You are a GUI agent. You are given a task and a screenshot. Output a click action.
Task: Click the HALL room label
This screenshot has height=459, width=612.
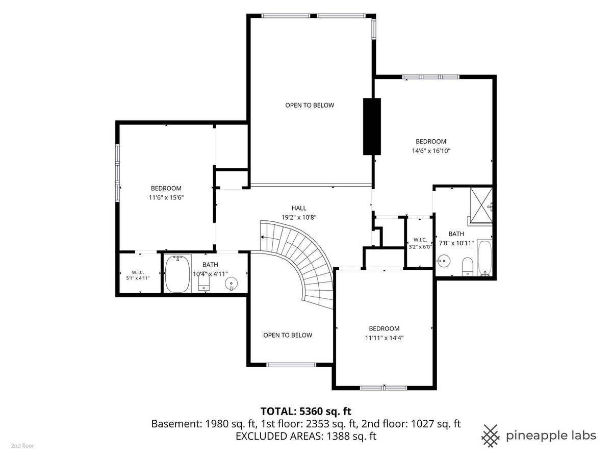pos(299,208)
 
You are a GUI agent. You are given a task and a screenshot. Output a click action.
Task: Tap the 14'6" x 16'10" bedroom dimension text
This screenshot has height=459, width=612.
pos(431,151)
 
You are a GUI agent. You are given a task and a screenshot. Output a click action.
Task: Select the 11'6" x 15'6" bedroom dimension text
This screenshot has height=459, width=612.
pos(166,197)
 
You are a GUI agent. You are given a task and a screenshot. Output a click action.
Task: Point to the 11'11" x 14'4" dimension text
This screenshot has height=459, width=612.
pos(384,338)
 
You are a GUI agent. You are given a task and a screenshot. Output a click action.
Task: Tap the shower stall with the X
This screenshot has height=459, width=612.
pos(481,206)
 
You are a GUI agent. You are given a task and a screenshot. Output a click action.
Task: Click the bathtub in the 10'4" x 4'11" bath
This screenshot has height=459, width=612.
pos(177,273)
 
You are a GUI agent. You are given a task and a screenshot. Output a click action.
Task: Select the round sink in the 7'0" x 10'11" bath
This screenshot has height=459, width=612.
pos(443,261)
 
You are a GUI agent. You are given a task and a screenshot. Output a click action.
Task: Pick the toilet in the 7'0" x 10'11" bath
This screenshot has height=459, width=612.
pos(468,266)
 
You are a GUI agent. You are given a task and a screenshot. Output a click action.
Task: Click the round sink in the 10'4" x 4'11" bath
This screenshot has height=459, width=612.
pos(232,284)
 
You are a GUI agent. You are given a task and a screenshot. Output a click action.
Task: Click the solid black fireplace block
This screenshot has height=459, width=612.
pos(372,126)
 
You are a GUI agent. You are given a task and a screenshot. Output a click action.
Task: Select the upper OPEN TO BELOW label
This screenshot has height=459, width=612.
pos(310,106)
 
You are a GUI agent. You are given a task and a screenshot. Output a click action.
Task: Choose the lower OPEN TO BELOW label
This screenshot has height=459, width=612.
pos(288,335)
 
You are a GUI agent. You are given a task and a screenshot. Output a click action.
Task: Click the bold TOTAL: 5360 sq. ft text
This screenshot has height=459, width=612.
pos(306,411)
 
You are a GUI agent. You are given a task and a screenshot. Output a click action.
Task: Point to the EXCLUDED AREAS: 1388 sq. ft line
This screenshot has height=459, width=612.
pos(306,436)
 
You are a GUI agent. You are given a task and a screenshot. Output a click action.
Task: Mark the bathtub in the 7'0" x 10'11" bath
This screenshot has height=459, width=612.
pos(484,258)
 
